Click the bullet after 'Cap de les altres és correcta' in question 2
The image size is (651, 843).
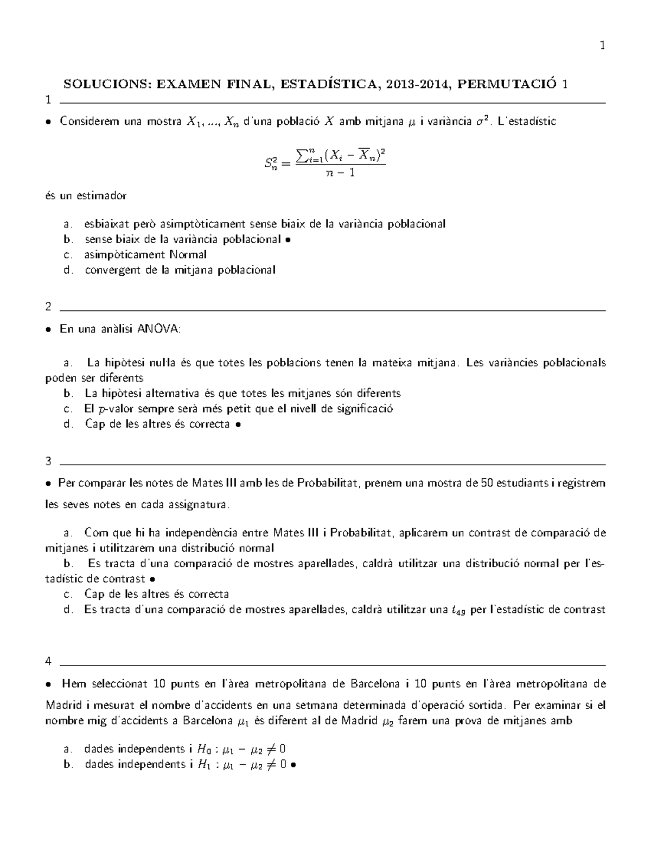[238, 425]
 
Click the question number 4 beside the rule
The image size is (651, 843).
[49, 662]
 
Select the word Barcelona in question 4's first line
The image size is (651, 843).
[374, 683]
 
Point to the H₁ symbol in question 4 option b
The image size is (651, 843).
[203, 765]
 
